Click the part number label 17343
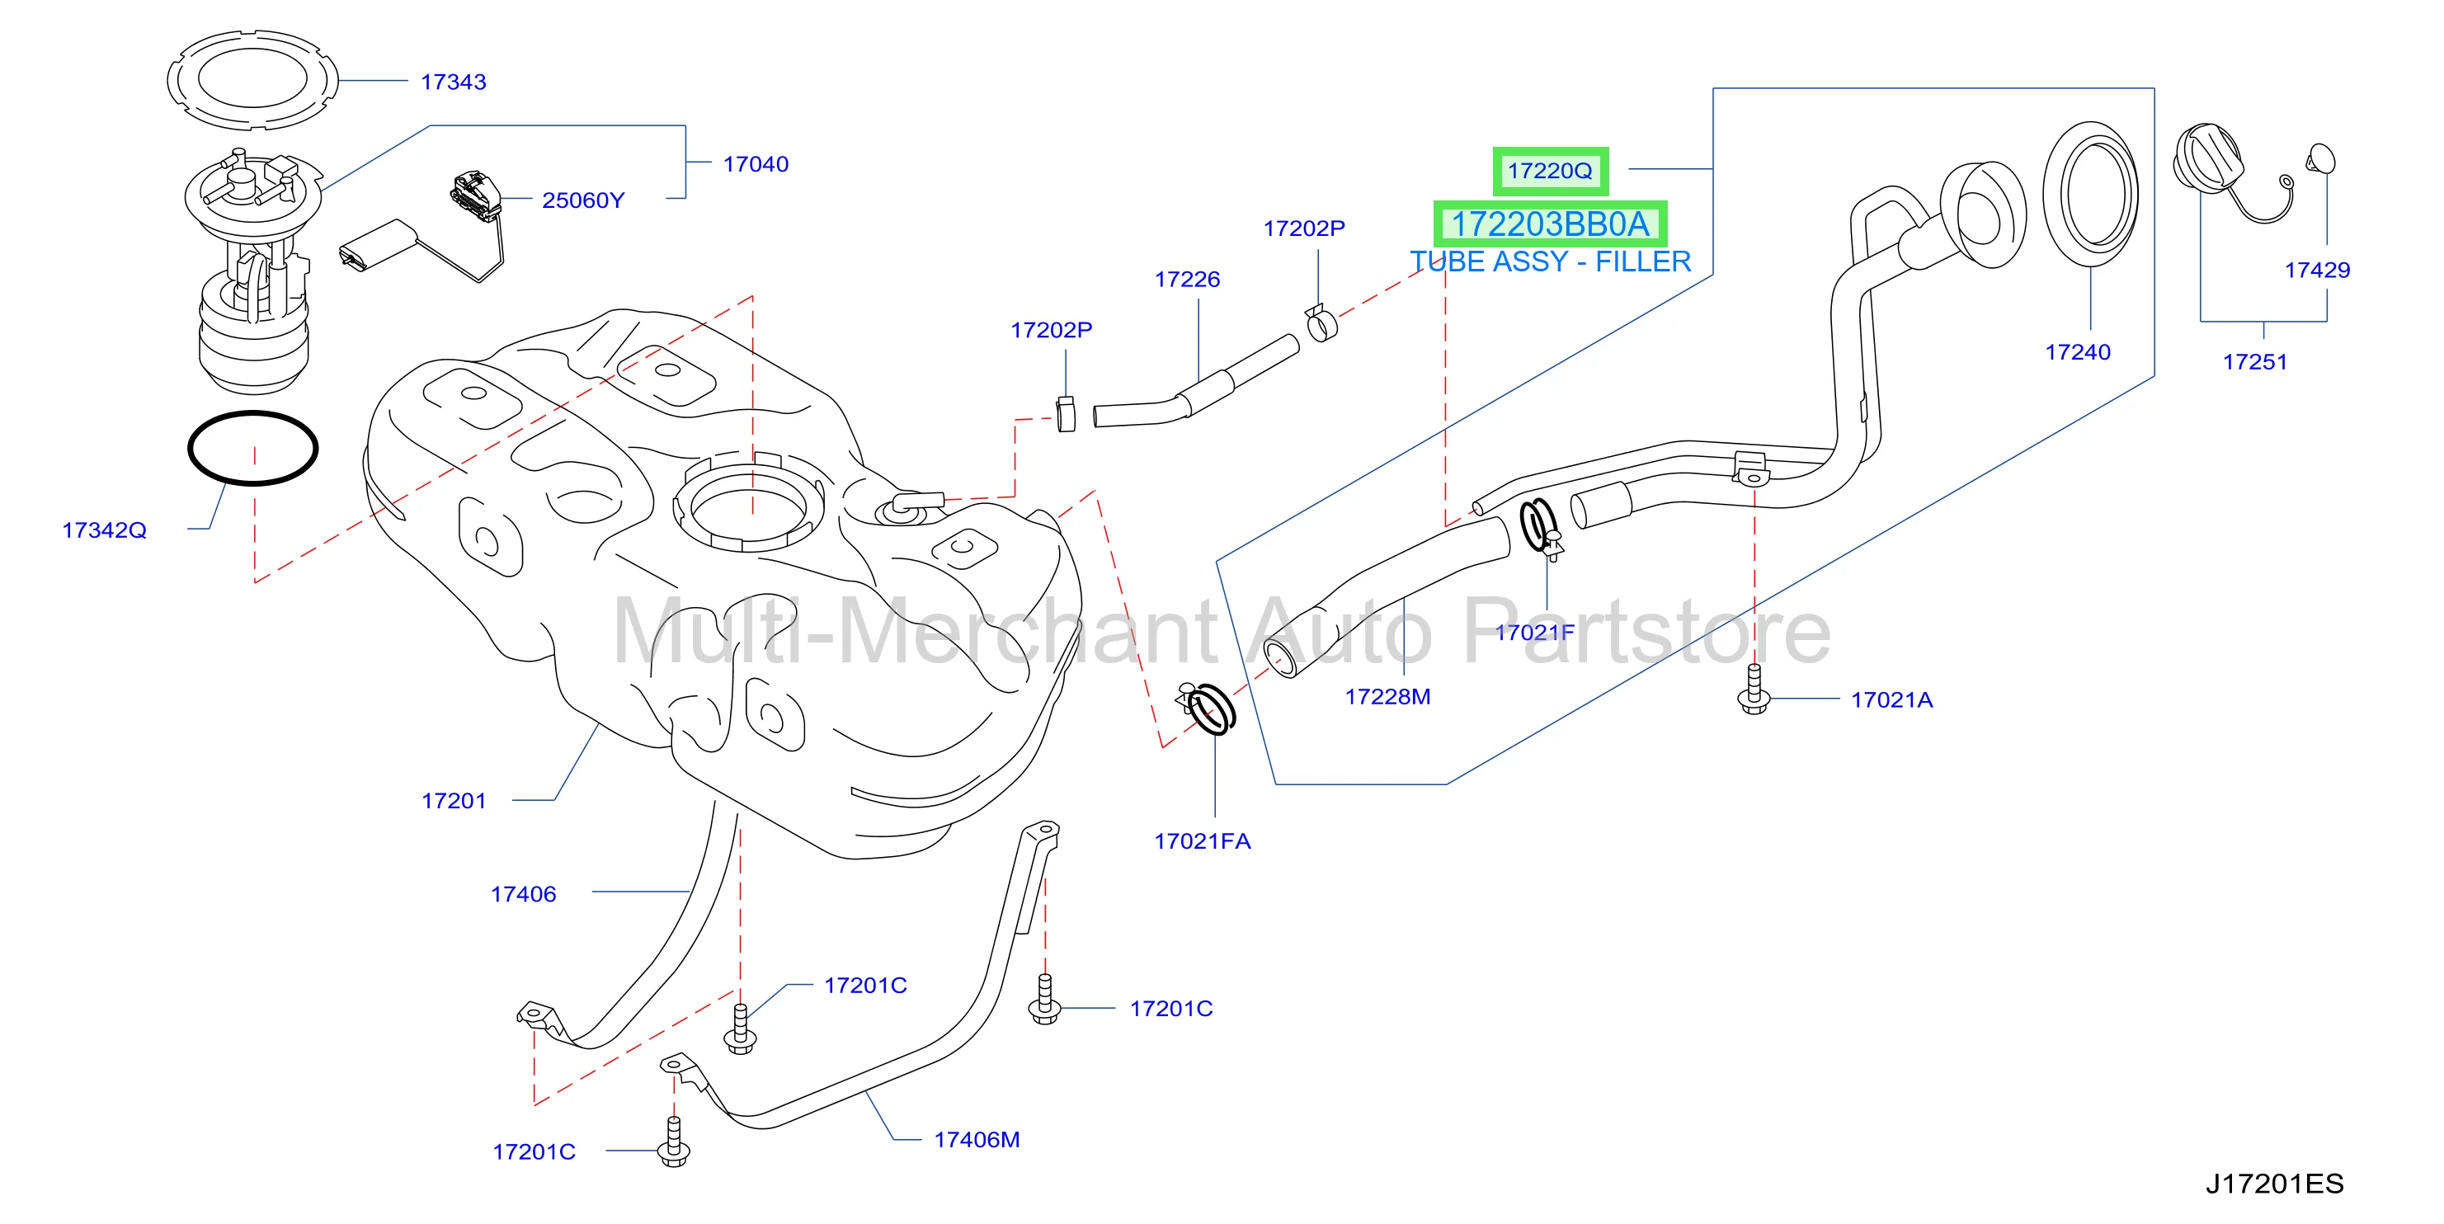coord(453,82)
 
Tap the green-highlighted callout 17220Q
coord(1550,171)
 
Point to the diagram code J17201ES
coord(2274,1184)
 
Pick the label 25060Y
coord(582,200)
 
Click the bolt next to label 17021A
coord(1754,690)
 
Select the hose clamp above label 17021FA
coord(1208,707)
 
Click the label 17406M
coord(977,1140)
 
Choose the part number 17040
coord(756,164)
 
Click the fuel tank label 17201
coord(454,801)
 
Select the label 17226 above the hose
coord(1187,279)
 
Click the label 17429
coord(2317,270)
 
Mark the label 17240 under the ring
coord(2078,352)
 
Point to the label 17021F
coord(1534,632)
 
